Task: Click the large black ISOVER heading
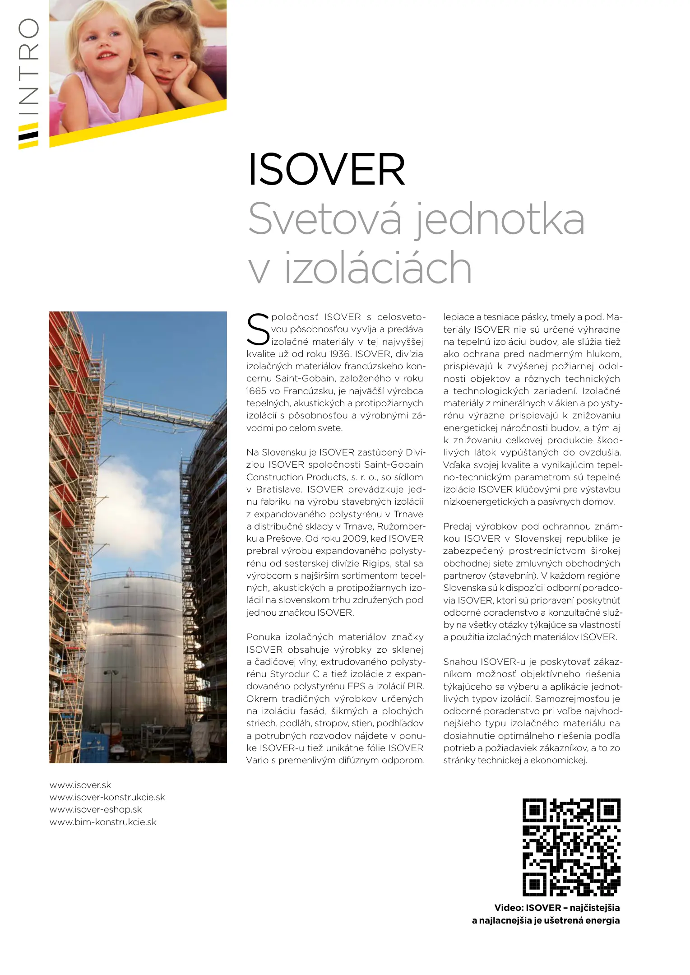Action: [326, 170]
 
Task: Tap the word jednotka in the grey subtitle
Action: [499, 220]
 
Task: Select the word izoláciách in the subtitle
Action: [378, 268]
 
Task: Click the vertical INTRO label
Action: [28, 68]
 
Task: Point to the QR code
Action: [571, 847]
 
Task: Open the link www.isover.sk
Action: [80, 785]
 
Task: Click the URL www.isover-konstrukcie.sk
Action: [107, 797]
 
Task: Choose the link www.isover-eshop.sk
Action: [96, 809]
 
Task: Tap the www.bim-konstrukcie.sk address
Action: [103, 822]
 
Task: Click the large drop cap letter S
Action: [258, 330]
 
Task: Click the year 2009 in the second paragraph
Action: [355, 539]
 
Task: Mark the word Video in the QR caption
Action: [508, 908]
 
